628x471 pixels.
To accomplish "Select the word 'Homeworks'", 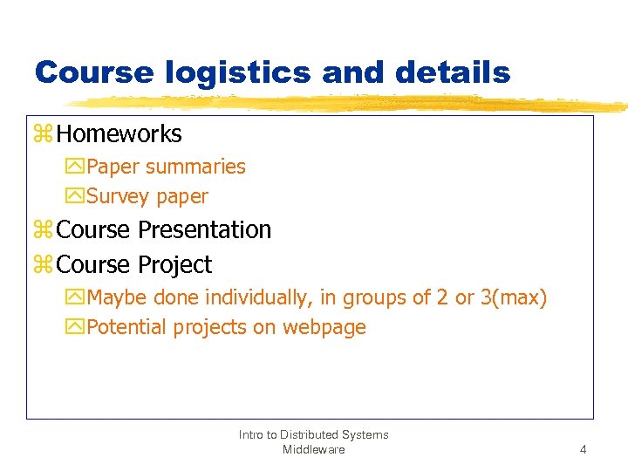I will tap(119, 133).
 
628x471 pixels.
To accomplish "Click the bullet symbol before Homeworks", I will tap(44, 134).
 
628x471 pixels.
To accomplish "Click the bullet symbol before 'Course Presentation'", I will tap(44, 230).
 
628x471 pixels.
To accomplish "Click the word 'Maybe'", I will tap(118, 297).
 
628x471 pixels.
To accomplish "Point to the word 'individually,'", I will tap(258, 297).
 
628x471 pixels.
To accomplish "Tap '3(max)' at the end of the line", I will tap(514, 297).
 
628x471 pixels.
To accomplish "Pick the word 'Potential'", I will tap(127, 327).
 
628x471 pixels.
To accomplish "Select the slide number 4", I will tap(583, 450).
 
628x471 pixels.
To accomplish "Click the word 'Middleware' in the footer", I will tap(313, 449).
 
